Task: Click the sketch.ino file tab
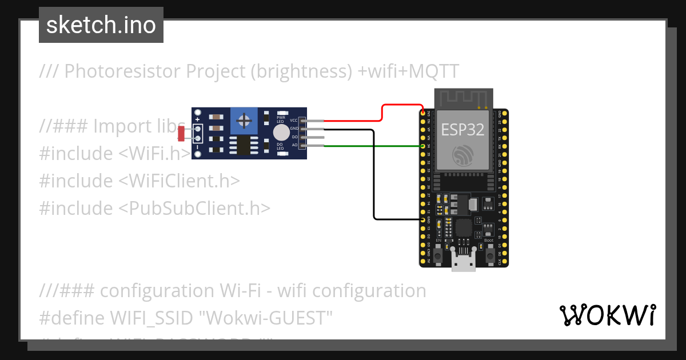[101, 25]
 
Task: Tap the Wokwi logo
[607, 315]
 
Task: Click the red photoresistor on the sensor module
[181, 134]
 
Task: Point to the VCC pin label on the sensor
[294, 121]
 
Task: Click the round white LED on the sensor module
[281, 133]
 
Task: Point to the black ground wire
[374, 183]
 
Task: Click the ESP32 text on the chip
[462, 130]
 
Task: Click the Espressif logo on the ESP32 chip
[463, 155]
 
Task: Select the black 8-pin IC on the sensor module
[244, 145]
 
